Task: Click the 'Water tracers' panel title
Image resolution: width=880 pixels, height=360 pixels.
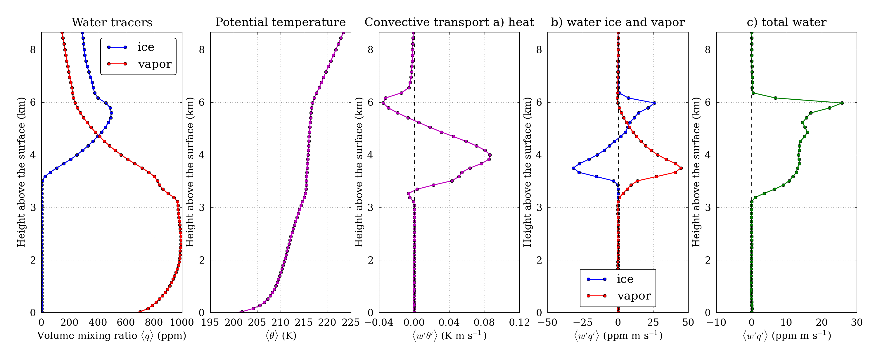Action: (112, 22)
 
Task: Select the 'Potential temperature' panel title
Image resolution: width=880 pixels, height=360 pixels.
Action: (281, 22)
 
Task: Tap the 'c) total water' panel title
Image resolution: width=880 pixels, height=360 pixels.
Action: (786, 22)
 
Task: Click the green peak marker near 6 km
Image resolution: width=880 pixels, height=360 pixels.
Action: (842, 103)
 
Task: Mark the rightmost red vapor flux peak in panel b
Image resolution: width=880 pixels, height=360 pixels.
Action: (681, 168)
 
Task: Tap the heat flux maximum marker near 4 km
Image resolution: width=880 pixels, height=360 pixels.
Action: (490, 155)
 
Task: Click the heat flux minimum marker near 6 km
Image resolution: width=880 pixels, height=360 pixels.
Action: (383, 103)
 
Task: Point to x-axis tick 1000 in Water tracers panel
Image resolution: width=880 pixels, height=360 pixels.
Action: (182, 322)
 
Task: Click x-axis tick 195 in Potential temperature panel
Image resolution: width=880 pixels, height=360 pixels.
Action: (210, 322)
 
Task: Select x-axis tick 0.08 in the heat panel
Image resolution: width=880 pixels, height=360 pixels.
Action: (484, 322)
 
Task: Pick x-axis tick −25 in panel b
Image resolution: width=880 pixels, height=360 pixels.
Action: (583, 322)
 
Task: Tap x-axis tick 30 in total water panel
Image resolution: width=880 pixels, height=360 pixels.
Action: (856, 322)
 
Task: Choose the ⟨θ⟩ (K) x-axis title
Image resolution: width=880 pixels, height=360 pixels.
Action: (281, 336)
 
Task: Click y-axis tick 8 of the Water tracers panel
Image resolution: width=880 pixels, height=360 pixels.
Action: (33, 50)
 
